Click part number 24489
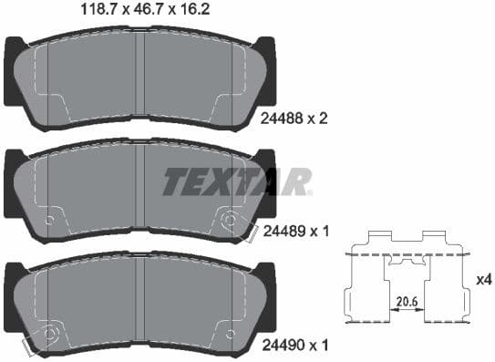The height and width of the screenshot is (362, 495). (x=280, y=233)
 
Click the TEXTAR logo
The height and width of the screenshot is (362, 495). (x=237, y=181)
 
